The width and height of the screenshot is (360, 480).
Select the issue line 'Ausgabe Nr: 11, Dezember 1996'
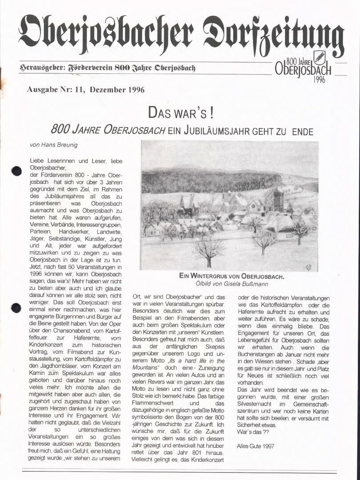point(85,89)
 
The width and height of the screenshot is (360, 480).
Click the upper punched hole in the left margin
point(16,171)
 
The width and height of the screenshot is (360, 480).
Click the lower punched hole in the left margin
point(16,308)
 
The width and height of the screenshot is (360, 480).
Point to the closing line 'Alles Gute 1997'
point(256,444)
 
